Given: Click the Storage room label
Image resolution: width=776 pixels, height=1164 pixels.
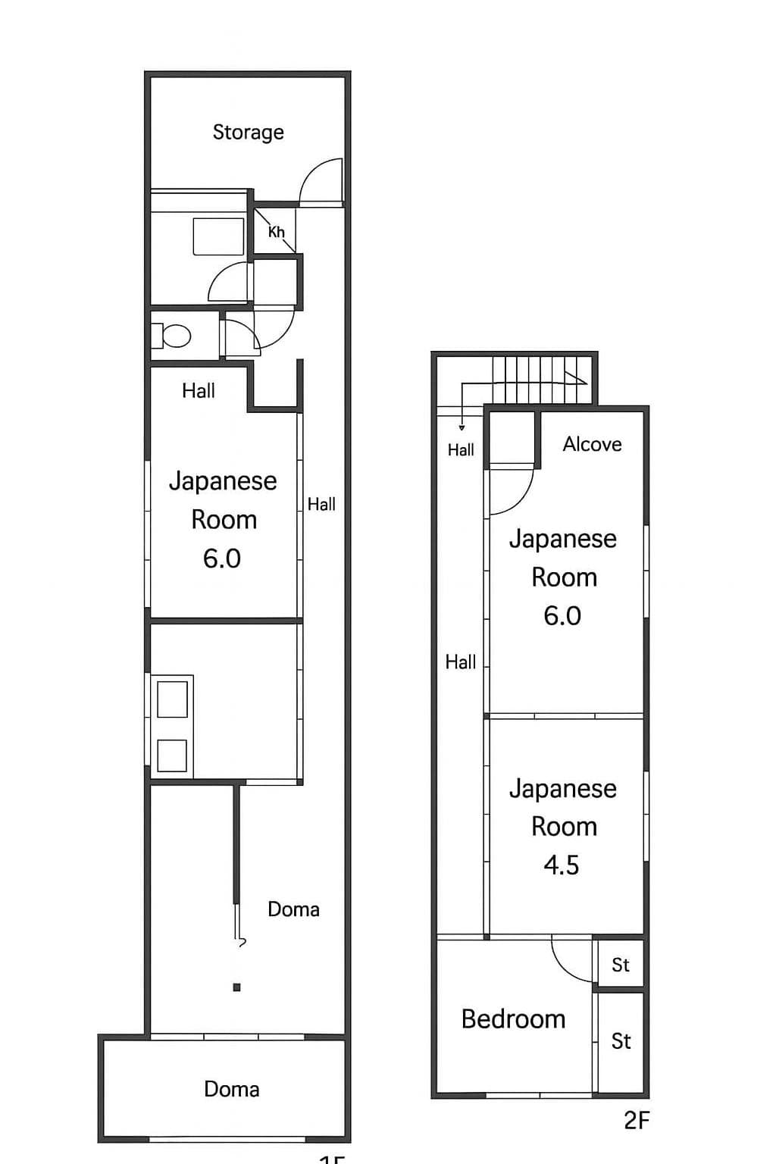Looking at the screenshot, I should point(248,133).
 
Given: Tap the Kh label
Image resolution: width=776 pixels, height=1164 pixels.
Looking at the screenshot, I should point(276,232).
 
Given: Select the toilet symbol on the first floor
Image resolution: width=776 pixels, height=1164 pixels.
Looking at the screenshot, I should point(175,335).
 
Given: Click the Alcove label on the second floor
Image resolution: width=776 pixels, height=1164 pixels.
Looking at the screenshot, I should point(592,444).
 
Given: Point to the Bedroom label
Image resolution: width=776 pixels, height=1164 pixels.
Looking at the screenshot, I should point(513,1019).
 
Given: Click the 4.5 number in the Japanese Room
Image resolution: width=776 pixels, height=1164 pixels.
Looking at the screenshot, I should point(562,865).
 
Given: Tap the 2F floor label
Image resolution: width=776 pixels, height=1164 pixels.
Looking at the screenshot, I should point(637,1120).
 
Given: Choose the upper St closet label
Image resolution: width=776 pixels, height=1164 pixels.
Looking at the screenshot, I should point(621,965).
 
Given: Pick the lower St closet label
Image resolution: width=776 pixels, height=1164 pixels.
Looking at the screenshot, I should point(621,1041).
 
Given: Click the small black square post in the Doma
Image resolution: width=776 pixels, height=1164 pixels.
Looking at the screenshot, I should point(237,987).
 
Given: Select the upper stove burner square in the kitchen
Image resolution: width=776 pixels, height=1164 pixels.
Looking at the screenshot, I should point(172,699).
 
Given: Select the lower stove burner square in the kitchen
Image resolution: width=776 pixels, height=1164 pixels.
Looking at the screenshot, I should point(172,756).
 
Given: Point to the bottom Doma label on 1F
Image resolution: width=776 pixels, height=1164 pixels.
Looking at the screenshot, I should point(232,1090).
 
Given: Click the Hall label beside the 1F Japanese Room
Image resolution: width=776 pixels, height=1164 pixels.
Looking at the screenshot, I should point(321,505).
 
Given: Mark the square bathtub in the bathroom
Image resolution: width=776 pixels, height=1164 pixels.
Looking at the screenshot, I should point(219,236).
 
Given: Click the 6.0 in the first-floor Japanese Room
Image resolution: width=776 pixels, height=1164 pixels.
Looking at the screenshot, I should point(222,559).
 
